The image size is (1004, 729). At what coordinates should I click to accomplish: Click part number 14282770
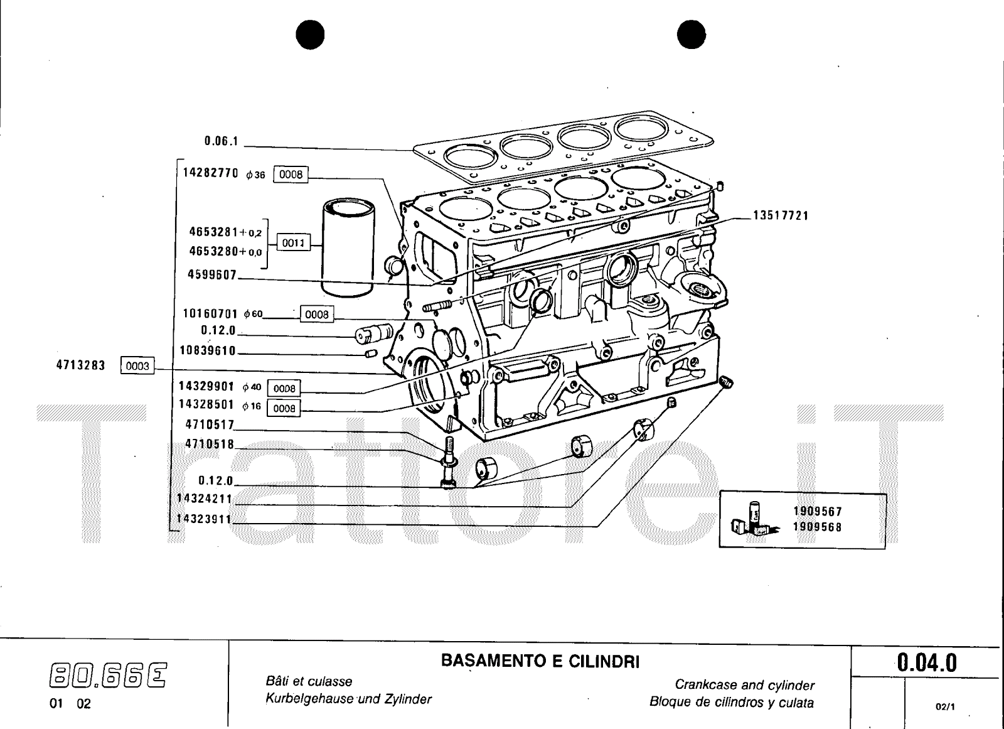(x=211, y=173)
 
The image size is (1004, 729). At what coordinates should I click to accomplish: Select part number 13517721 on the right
(x=781, y=216)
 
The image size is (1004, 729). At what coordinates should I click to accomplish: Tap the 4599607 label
(x=213, y=274)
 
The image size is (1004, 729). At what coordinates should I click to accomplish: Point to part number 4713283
(x=81, y=365)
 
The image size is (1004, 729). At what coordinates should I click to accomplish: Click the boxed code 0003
(x=137, y=366)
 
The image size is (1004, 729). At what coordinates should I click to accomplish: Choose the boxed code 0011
(x=293, y=242)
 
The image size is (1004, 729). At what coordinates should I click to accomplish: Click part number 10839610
(x=208, y=350)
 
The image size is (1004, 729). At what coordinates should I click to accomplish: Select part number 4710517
(x=210, y=424)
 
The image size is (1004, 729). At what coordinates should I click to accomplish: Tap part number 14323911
(x=205, y=520)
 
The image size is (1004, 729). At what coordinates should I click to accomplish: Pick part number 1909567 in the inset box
(x=818, y=512)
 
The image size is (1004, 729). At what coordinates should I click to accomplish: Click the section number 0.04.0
(x=927, y=662)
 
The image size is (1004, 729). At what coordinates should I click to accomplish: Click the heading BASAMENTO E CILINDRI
(x=540, y=661)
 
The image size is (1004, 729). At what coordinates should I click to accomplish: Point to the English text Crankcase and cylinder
(x=744, y=685)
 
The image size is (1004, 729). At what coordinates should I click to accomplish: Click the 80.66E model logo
(x=109, y=676)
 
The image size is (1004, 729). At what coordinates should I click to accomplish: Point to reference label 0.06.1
(x=222, y=141)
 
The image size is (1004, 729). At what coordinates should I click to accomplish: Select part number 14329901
(x=206, y=386)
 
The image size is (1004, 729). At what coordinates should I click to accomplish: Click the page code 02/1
(x=944, y=706)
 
